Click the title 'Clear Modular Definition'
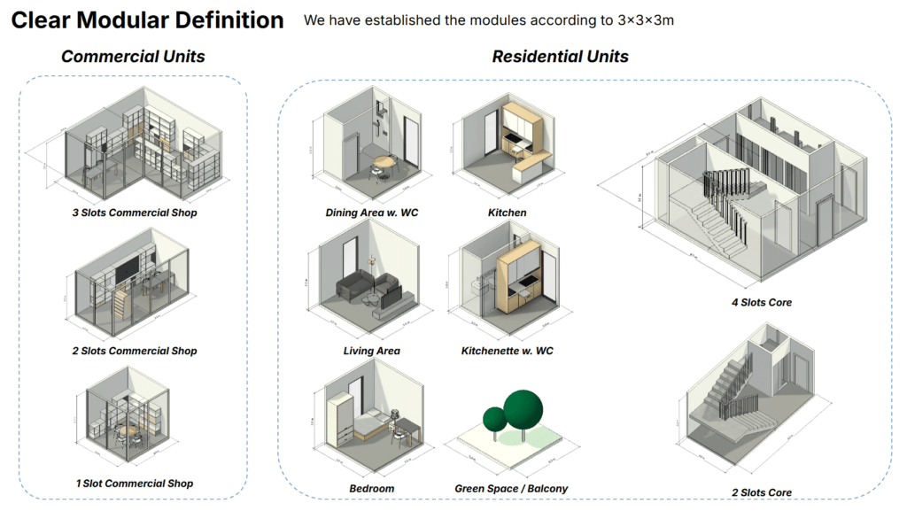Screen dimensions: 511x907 pos(148,19)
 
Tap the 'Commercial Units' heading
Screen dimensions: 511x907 pos(133,57)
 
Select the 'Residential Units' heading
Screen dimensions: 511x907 pos(560,57)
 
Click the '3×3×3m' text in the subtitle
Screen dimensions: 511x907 pos(646,19)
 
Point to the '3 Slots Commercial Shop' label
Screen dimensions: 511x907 pos(135,213)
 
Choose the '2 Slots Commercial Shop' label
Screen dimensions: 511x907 pos(135,351)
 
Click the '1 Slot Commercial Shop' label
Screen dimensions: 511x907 pos(135,484)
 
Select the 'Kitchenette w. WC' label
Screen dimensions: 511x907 pos(507,351)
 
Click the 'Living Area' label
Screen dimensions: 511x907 pos(371,351)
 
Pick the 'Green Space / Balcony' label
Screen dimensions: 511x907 pos(511,489)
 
